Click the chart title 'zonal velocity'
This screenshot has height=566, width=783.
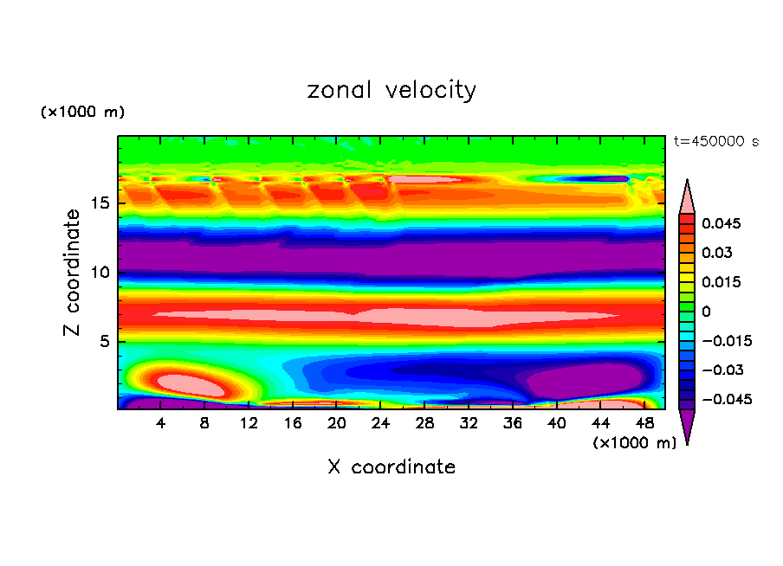point(391,90)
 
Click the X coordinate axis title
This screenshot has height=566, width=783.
point(391,467)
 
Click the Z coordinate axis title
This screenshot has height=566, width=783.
point(73,272)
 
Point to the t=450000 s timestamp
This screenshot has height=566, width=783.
point(716,142)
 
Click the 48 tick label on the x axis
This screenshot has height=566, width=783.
point(644,423)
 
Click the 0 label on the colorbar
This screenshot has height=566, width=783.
point(706,311)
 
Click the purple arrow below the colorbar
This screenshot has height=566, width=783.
point(687,427)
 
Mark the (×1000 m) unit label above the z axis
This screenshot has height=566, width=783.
point(83,113)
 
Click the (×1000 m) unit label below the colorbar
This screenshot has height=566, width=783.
point(635,443)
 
